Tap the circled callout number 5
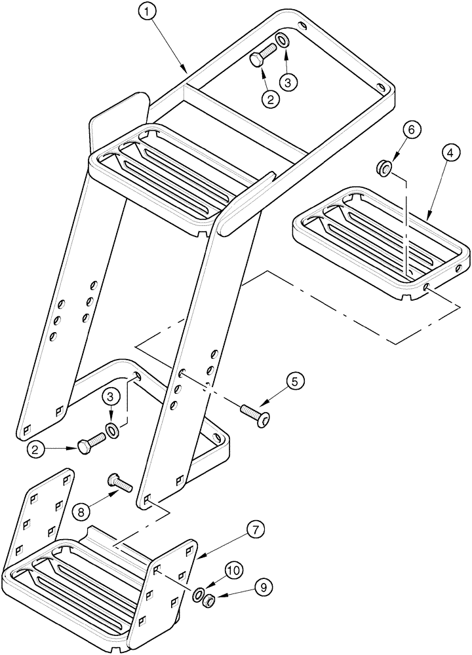coord(294,381)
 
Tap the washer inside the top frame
coord(281,41)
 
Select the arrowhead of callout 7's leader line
coord(198,557)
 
